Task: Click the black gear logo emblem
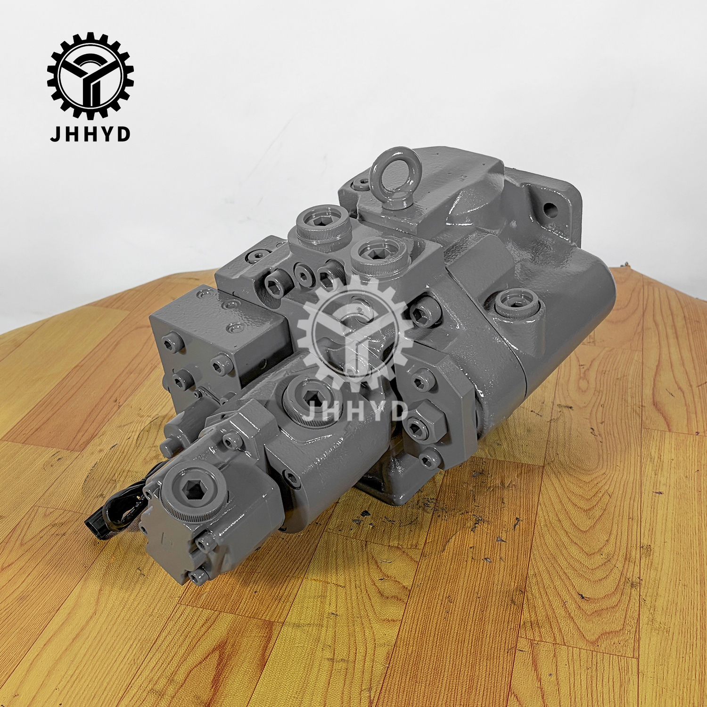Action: click(90, 75)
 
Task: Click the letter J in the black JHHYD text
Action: click(56, 134)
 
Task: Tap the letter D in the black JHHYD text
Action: click(123, 134)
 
